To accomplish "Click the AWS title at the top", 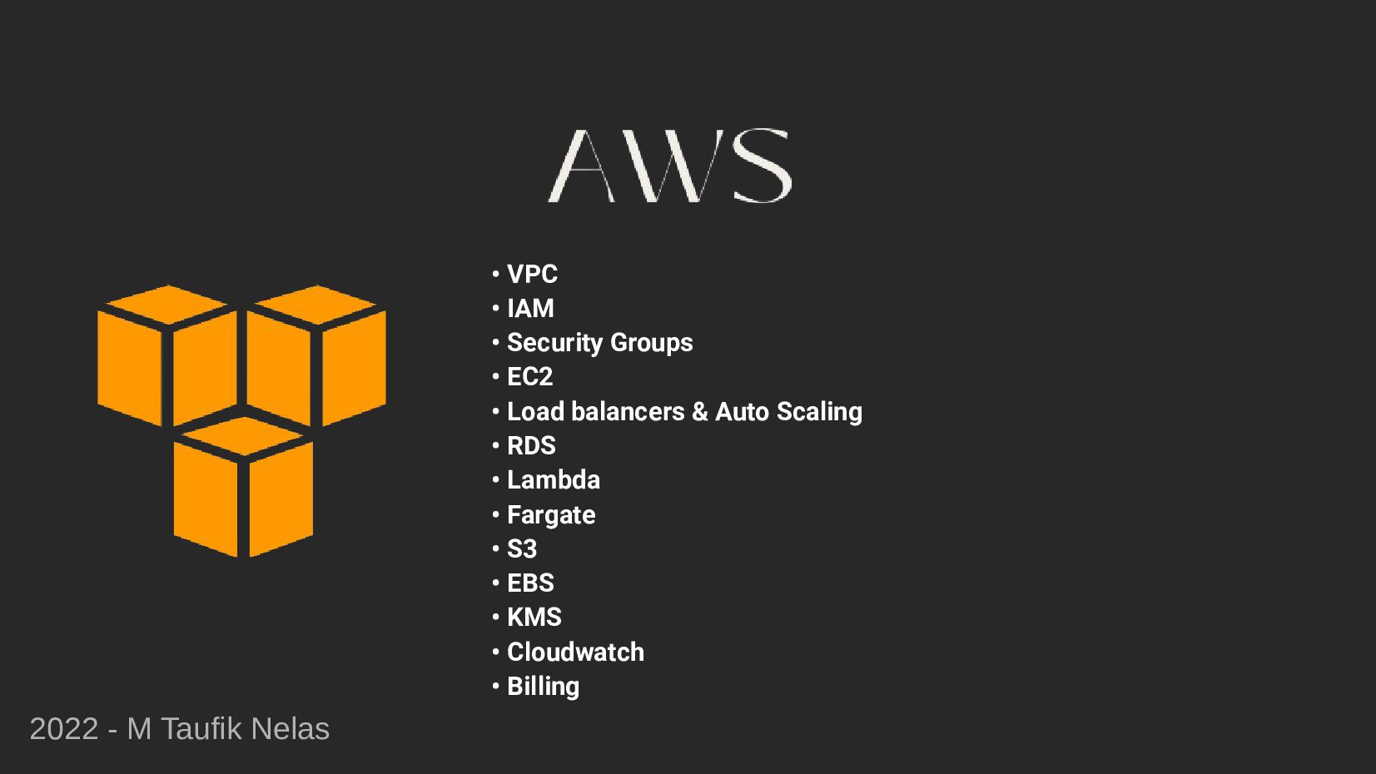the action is [x=669, y=166].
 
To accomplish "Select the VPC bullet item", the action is [x=532, y=274].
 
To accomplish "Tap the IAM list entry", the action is [x=530, y=309].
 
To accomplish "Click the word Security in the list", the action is [x=554, y=343].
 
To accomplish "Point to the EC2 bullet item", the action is [x=529, y=377].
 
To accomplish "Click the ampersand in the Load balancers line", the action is [x=699, y=412].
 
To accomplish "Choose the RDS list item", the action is [x=531, y=446].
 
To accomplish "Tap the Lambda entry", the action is [x=553, y=480].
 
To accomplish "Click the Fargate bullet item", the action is [x=551, y=515].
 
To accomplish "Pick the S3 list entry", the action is [x=522, y=549].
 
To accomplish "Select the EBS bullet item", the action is [x=530, y=583].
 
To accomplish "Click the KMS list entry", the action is [x=534, y=618].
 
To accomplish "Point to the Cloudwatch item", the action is [x=575, y=652].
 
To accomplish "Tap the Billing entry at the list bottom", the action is [x=543, y=687].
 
